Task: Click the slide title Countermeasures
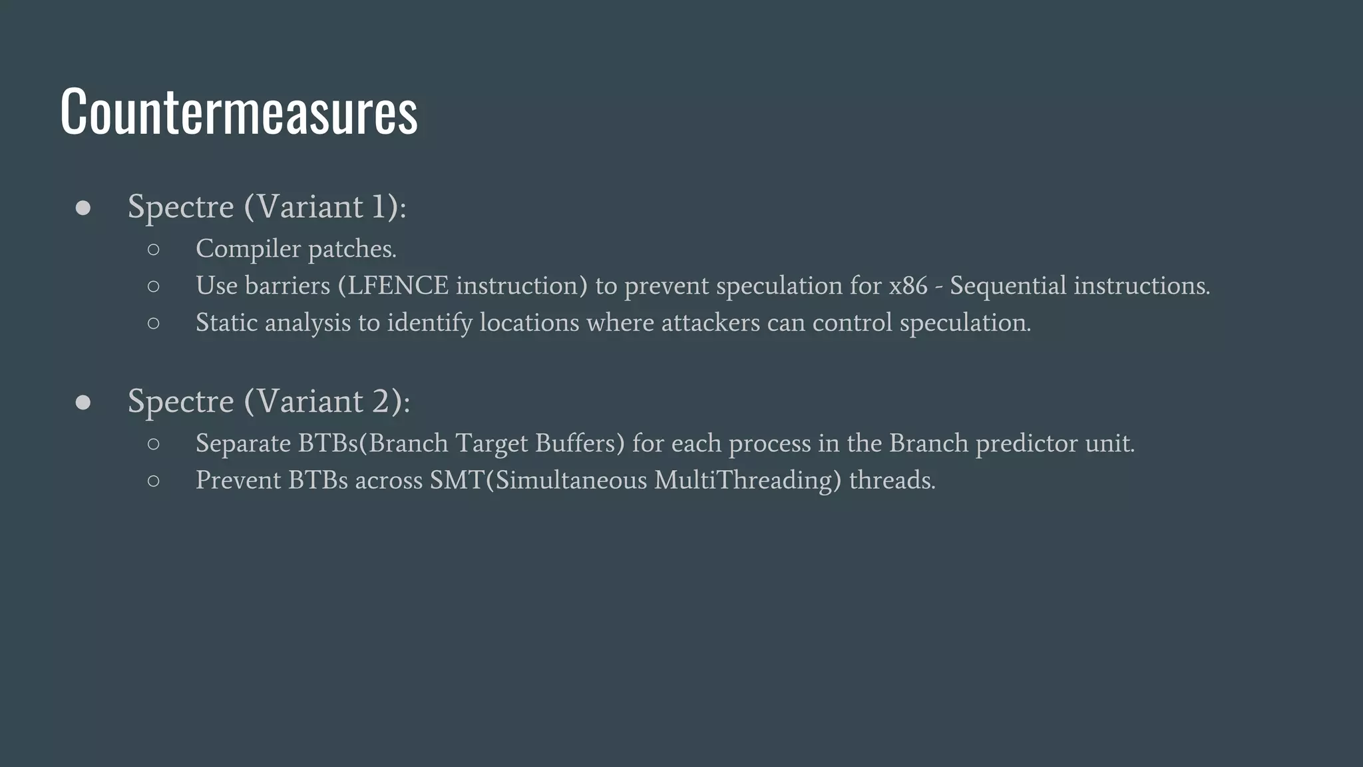click(x=238, y=111)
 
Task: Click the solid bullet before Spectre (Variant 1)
click(x=83, y=208)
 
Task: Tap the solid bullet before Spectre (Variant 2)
click(x=83, y=402)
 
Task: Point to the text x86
click(x=908, y=286)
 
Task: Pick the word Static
click(x=226, y=323)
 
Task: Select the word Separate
click(x=243, y=443)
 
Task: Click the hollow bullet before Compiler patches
click(x=154, y=250)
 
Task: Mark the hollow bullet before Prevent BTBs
click(x=154, y=481)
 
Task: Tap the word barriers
click(x=288, y=286)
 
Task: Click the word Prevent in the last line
click(x=238, y=480)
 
